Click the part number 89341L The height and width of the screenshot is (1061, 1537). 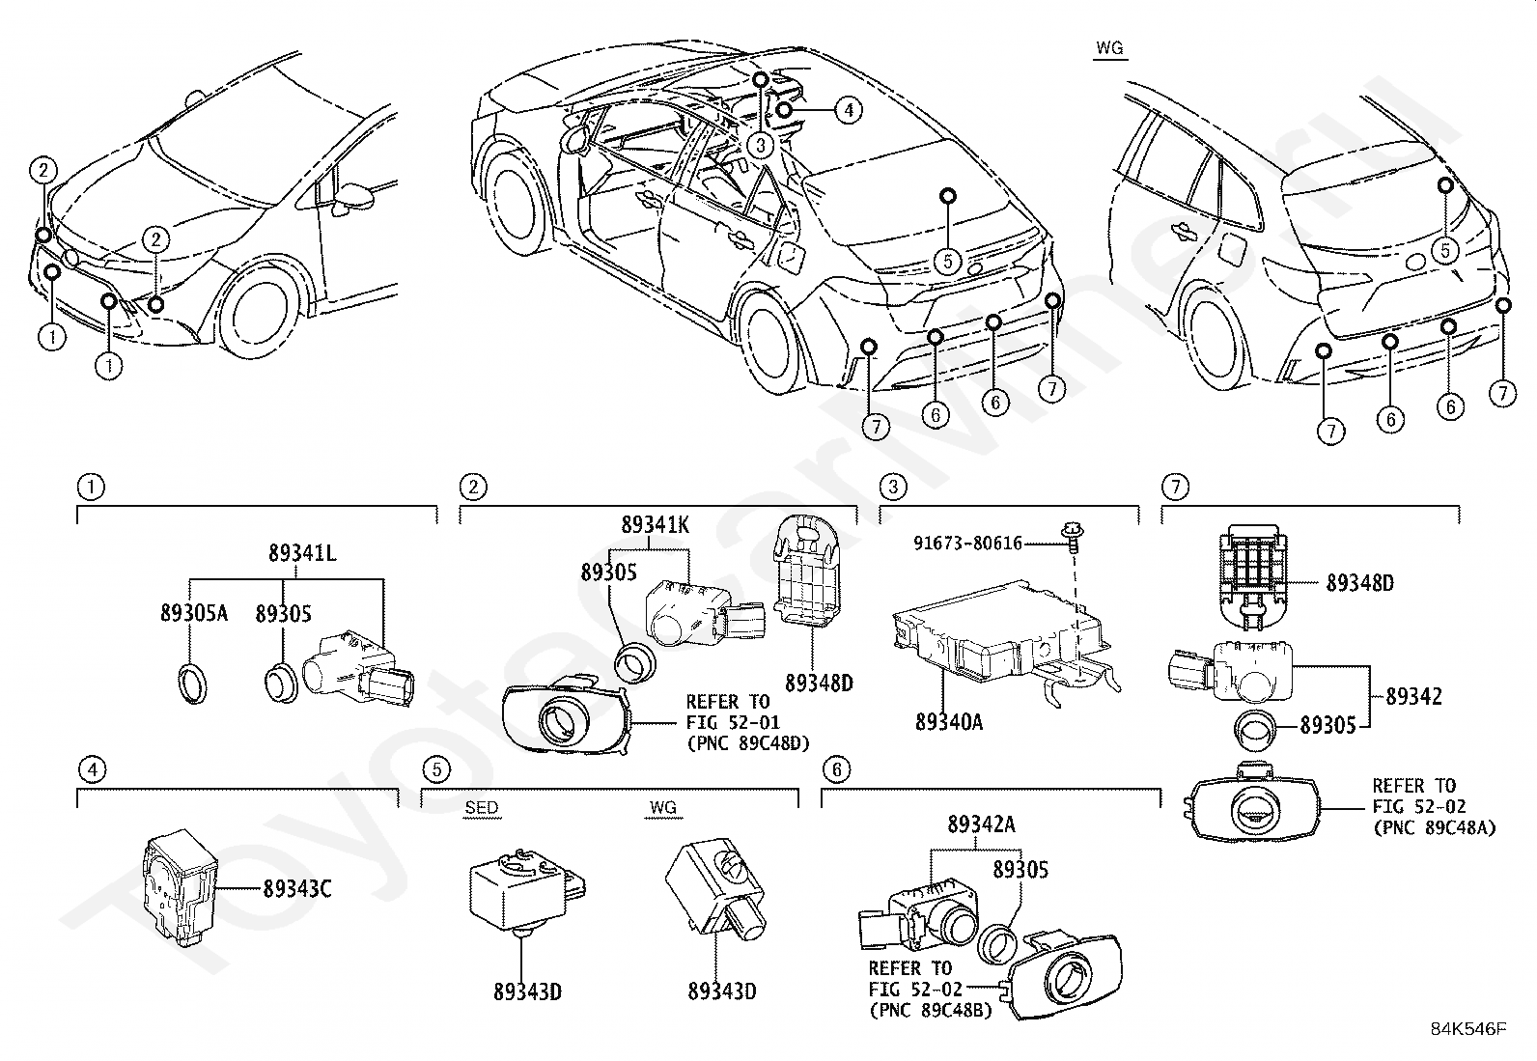coord(302,553)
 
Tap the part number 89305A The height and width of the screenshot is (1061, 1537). coord(194,613)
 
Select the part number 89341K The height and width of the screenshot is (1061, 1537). coord(656,525)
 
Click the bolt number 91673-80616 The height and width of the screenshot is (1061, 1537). coord(967,544)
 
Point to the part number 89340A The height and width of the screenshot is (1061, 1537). coord(949,722)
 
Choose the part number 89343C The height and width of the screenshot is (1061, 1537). coord(297,889)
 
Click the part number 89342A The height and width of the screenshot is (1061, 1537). coord(981,824)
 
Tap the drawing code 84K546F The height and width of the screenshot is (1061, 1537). coord(1469,1029)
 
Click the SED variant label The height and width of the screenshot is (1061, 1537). coord(481,808)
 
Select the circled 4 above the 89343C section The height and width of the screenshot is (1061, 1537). coord(93,769)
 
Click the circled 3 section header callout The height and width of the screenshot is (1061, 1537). coord(893,488)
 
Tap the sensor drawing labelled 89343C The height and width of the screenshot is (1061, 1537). coord(180,886)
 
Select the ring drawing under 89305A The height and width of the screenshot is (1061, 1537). coord(193,684)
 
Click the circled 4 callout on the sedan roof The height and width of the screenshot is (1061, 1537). coord(848,110)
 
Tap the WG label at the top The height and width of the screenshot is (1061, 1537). coord(1110,48)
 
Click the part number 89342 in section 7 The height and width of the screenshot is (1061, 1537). coord(1413,697)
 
